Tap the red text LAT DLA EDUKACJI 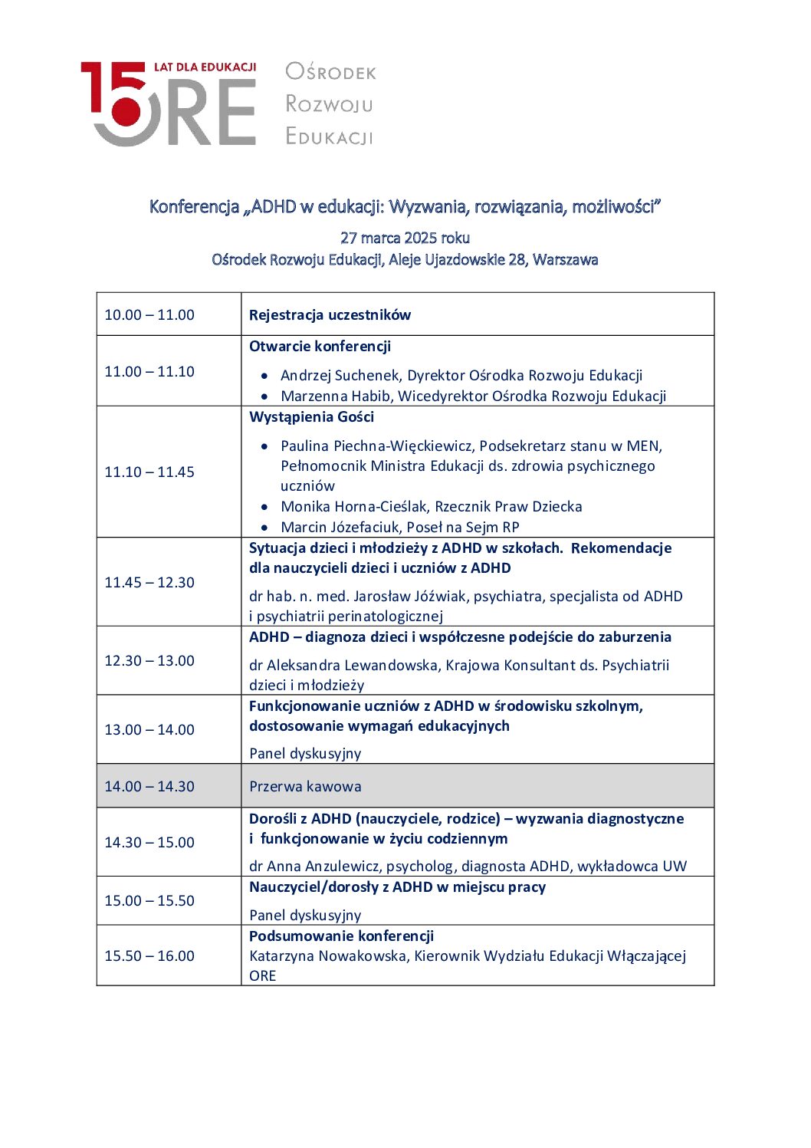pos(205,67)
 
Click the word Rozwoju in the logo pos(329,104)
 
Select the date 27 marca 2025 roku pos(405,238)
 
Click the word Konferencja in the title pos(194,206)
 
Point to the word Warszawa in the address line pos(565,259)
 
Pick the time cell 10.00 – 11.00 pos(149,314)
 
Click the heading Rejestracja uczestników pos(330,314)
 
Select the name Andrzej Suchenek pos(340,375)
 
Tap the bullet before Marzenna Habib pos(264,396)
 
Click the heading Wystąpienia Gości pos(311,416)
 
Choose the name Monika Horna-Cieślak pos(353,506)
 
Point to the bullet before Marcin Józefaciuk pos(264,528)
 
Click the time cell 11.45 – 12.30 pos(149,582)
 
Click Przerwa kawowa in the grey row pos(305,786)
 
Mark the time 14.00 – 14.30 pos(149,786)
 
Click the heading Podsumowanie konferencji pos(341,936)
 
